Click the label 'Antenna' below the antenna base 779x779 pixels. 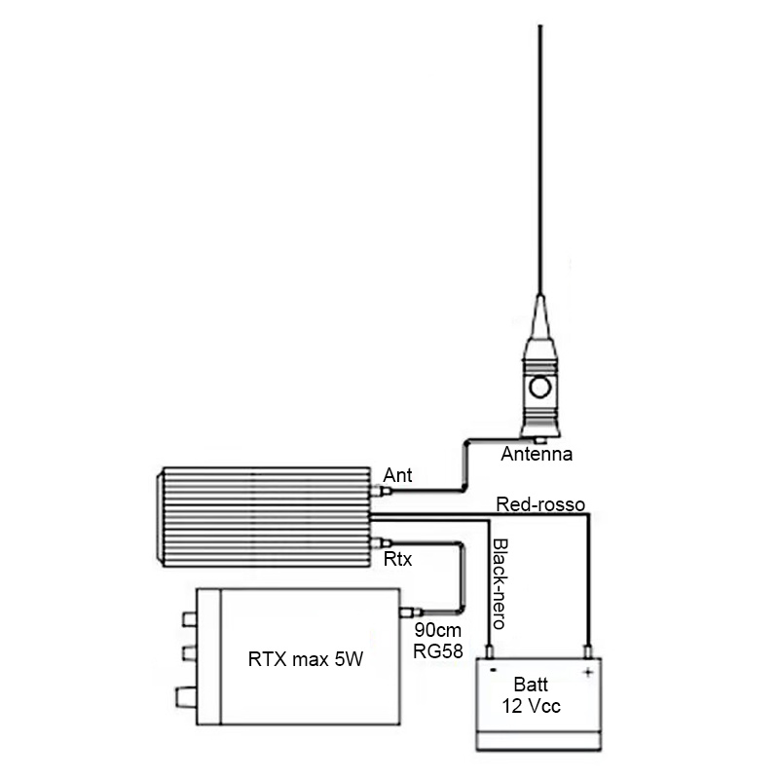pos(537,454)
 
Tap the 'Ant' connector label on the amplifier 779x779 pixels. pos(397,475)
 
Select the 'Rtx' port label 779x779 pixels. pos(398,559)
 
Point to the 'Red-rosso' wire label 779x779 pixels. pos(540,504)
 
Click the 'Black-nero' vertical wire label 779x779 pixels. pos(499,583)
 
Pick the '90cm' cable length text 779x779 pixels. pos(437,630)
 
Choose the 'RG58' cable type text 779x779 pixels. pos(437,650)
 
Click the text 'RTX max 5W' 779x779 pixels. pos(306,659)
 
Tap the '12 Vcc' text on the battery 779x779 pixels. pos(531,706)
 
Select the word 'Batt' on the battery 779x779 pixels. pos(531,685)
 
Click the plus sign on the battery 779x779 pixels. pos(588,673)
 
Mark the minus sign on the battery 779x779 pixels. pos(493,670)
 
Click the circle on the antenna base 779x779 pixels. pos(540,387)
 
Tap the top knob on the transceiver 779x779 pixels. pos(189,619)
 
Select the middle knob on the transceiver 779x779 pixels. pos(189,652)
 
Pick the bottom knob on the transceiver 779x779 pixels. pos(186,696)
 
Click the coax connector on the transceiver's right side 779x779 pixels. pos(411,612)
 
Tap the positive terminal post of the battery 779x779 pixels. pos(588,651)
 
